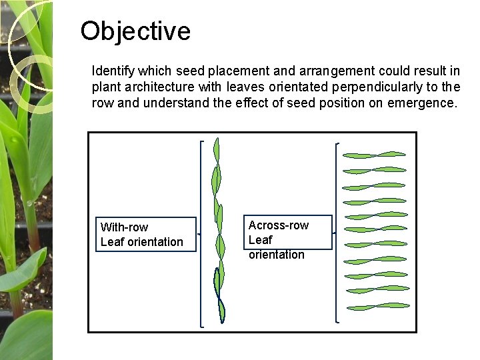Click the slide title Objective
tap(135, 31)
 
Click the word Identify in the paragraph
tap(112, 71)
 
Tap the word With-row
tap(125, 227)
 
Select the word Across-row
tap(278, 225)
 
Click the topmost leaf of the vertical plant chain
tap(216, 149)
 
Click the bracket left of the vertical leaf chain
tap(201, 233)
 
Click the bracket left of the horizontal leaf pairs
tap(337, 233)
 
